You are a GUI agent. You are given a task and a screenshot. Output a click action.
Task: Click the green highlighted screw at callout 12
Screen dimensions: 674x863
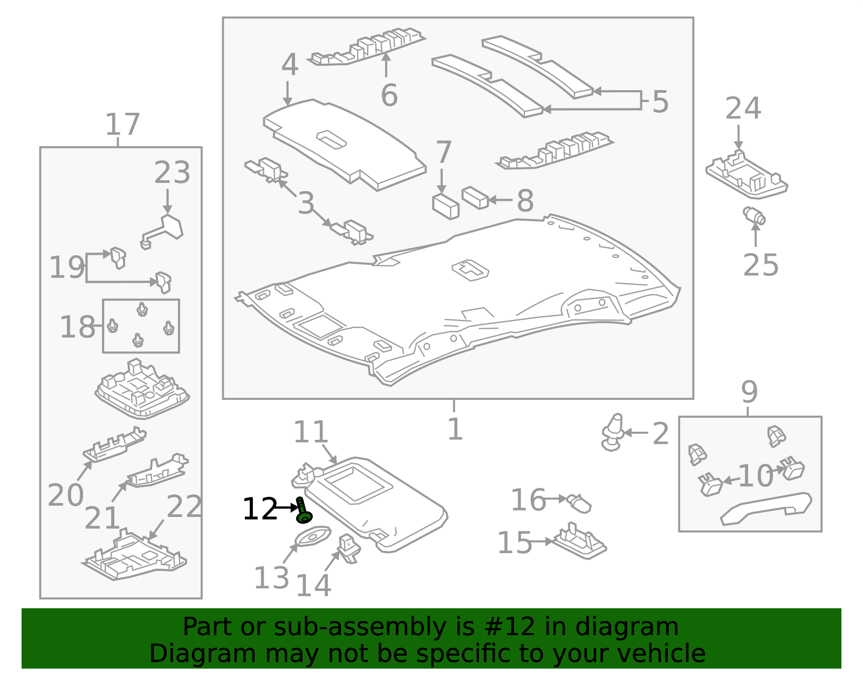303,512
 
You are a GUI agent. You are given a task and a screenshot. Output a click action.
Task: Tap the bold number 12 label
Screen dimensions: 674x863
259,509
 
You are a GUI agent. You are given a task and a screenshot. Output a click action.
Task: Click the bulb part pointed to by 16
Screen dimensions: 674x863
579,503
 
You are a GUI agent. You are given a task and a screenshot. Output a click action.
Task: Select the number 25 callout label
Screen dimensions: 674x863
761,265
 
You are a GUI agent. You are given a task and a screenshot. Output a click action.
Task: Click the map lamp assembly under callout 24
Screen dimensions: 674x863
747,175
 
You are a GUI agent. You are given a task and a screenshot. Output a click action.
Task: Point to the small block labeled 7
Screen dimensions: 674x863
446,207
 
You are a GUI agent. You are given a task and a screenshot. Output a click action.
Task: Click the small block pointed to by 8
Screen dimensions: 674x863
475,198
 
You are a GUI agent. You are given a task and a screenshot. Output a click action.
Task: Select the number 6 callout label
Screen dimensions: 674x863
389,96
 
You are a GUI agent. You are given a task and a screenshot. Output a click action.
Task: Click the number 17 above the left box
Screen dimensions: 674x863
122,125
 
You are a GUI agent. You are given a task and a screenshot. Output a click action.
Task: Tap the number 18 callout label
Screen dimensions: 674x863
77,327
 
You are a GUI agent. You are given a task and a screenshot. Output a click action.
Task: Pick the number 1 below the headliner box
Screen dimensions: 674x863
455,430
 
